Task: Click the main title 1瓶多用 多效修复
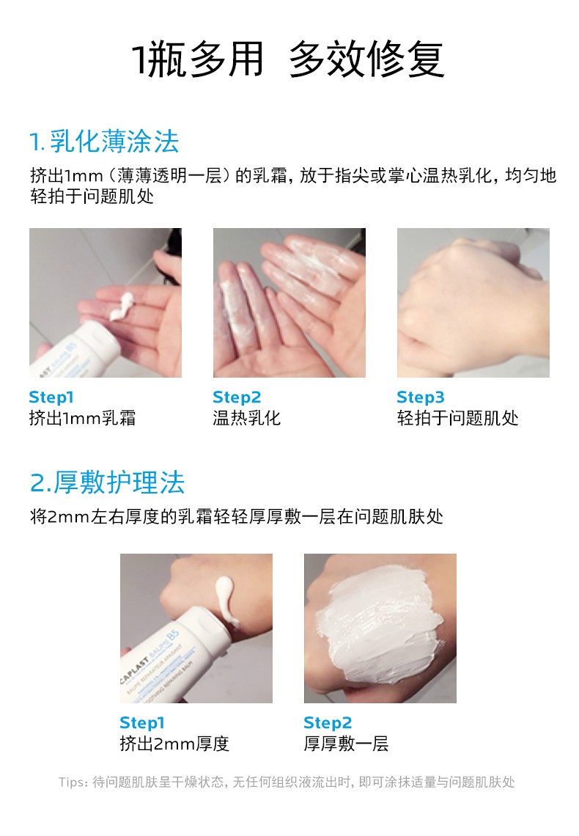pyautogui.click(x=287, y=59)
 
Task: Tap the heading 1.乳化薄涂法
pyautogui.click(x=104, y=142)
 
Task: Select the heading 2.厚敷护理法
pyautogui.click(x=107, y=483)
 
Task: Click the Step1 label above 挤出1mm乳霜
pyautogui.click(x=51, y=397)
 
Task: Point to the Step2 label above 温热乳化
pyautogui.click(x=237, y=397)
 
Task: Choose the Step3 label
pyautogui.click(x=420, y=397)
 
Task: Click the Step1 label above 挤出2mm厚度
pyautogui.click(x=142, y=722)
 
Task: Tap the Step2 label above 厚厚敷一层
pyautogui.click(x=328, y=722)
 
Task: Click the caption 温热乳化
pyautogui.click(x=246, y=418)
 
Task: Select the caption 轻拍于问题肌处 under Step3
pyautogui.click(x=457, y=418)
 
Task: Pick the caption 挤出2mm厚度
pyautogui.click(x=174, y=743)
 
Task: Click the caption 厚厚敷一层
pyautogui.click(x=346, y=743)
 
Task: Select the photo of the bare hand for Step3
pyautogui.click(x=473, y=303)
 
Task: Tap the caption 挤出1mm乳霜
pyautogui.click(x=83, y=418)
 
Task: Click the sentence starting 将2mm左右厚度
pyautogui.click(x=237, y=517)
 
